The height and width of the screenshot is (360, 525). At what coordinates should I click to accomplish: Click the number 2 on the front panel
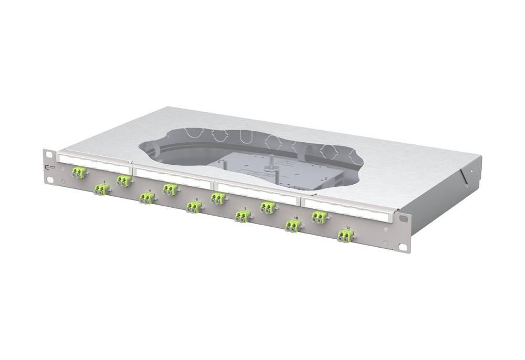[104, 182]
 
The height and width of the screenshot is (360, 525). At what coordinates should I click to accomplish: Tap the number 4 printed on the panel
[150, 190]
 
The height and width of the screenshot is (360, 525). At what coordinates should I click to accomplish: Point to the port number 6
[196, 199]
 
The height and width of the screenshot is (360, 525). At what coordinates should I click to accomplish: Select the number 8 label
[245, 208]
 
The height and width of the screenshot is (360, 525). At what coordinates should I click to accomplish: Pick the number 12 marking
[347, 227]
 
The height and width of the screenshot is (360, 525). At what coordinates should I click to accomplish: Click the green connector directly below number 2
[101, 189]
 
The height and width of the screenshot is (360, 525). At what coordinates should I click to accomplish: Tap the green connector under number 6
[193, 208]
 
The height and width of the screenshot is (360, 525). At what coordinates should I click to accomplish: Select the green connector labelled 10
[292, 227]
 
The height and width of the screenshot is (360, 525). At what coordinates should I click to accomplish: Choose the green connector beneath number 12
[344, 237]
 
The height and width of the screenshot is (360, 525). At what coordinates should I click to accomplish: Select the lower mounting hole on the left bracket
[49, 181]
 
